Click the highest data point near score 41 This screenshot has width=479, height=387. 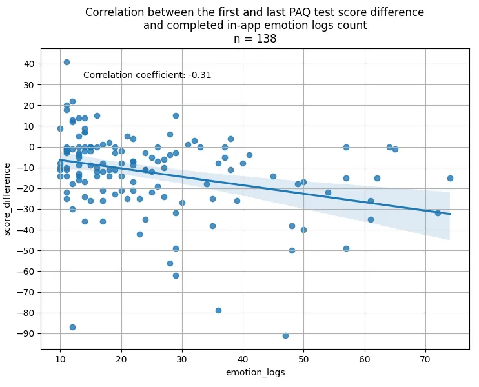[66, 63]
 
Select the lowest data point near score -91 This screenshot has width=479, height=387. [285, 335]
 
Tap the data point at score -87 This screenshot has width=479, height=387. [72, 327]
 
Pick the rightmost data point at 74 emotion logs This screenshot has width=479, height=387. [450, 178]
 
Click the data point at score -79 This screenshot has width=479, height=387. [218, 310]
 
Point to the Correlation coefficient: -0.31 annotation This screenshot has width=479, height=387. [147, 75]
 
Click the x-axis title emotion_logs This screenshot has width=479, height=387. [255, 373]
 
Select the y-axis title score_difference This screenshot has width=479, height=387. [8, 199]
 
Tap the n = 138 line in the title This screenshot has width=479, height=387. [255, 39]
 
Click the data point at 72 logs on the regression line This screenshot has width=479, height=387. [438, 213]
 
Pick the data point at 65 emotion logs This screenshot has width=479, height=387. [395, 149]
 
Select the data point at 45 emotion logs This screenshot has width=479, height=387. [273, 176]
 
